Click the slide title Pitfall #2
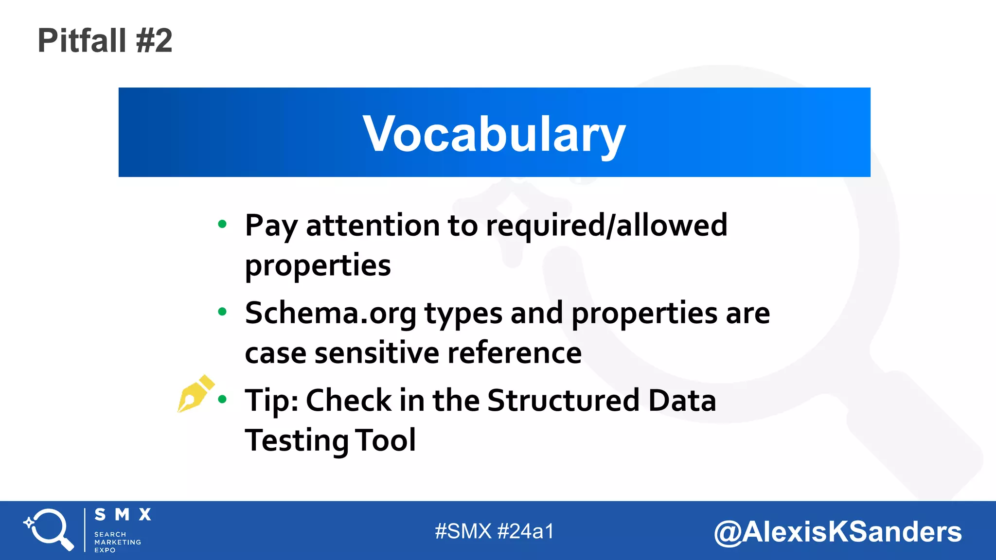pos(105,40)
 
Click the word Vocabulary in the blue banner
pos(494,134)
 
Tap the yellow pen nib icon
pos(195,393)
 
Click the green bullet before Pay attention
pos(222,224)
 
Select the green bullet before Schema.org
pos(222,312)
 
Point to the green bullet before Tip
pos(222,400)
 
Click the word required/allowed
pos(606,226)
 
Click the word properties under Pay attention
pos(318,265)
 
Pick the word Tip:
pos(271,401)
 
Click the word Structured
pos(563,401)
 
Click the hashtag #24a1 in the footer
pos(526,531)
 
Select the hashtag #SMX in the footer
pos(463,531)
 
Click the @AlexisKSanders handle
pos(837,532)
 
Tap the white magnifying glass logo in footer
pos(49,529)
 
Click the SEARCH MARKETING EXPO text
pos(117,542)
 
